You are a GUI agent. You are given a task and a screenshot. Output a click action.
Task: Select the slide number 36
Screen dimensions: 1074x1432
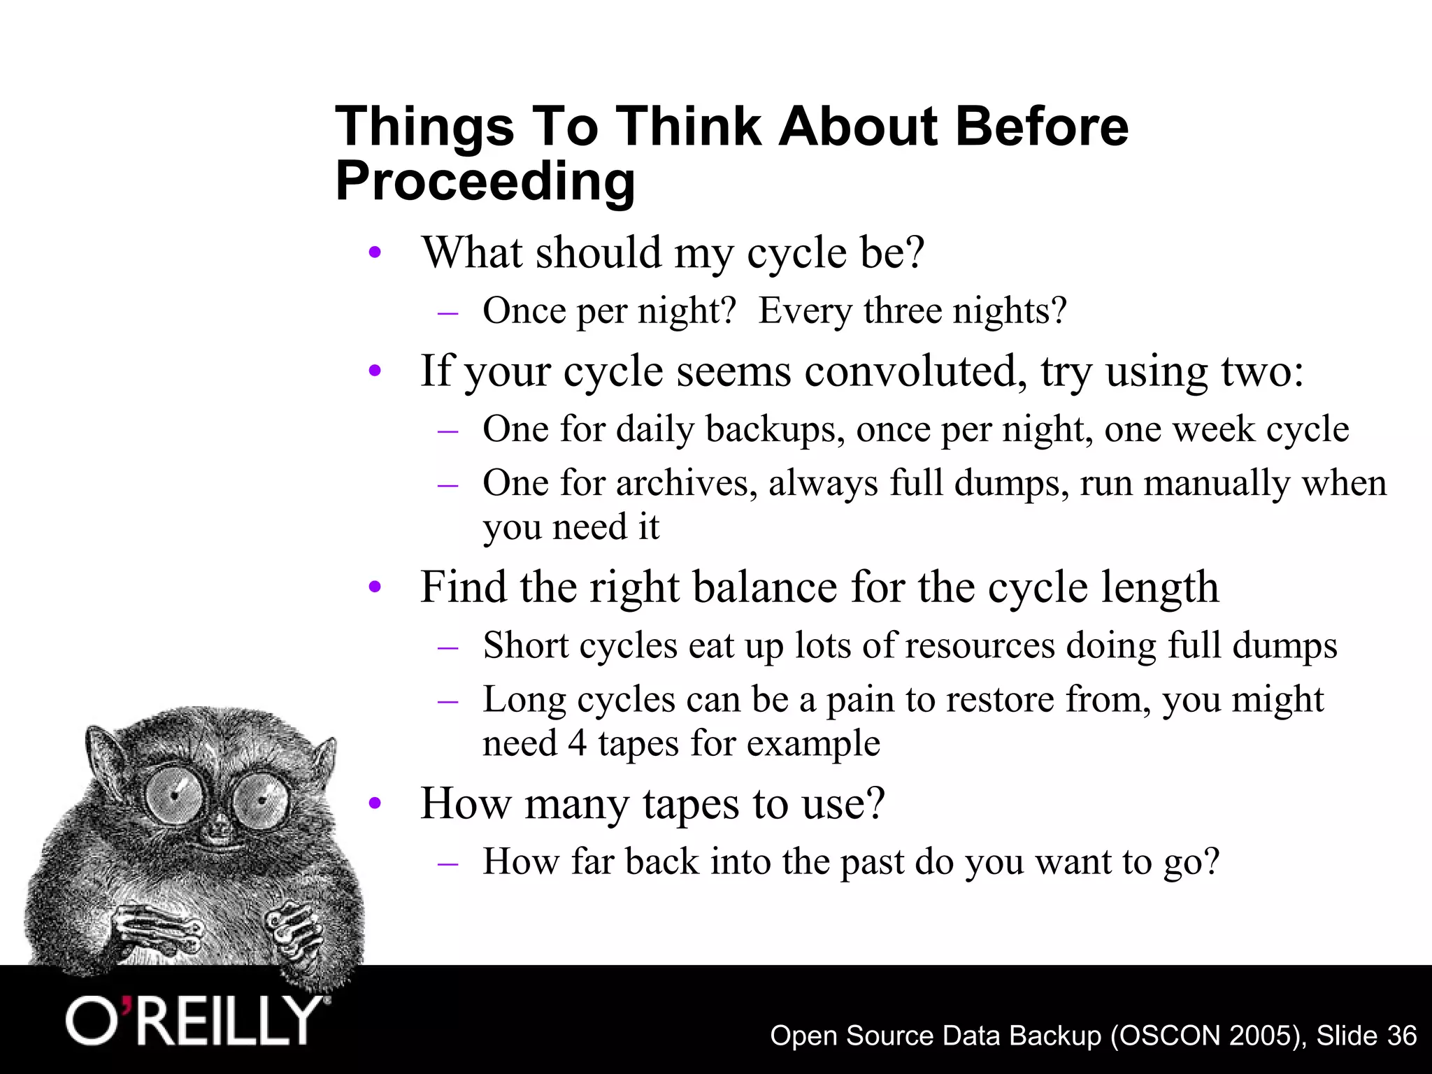point(1401,1035)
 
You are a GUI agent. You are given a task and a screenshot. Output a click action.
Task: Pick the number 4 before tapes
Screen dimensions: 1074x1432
point(577,743)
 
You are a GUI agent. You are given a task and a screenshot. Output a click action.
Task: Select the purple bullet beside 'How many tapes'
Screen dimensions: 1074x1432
point(375,803)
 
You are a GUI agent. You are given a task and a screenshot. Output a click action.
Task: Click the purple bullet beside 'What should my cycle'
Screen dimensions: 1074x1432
point(375,252)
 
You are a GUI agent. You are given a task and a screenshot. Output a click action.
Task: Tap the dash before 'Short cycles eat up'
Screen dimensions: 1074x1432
point(447,647)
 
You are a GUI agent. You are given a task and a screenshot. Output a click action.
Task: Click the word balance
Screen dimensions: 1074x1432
point(765,587)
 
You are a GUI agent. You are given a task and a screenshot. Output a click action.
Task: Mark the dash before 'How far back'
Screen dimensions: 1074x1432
point(447,863)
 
